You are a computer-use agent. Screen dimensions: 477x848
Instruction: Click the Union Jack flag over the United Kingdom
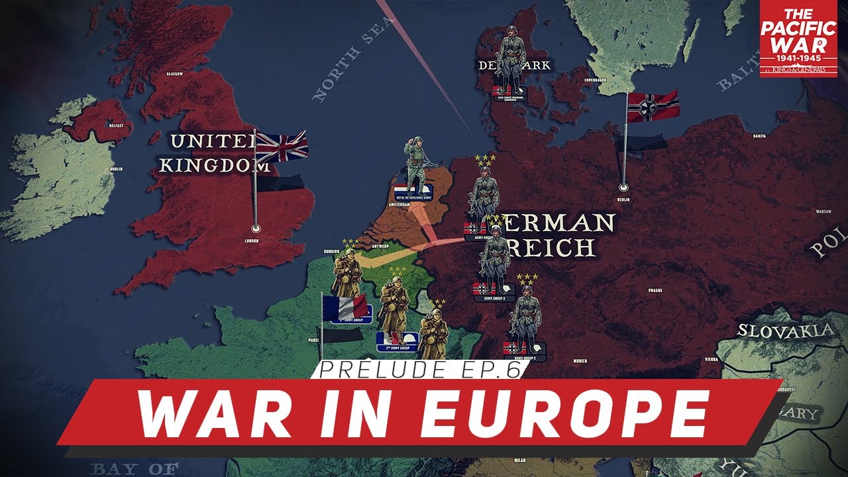[x=282, y=146]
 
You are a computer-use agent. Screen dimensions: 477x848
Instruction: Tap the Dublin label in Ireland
[x=117, y=168]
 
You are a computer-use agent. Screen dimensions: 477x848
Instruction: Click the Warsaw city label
[x=823, y=212]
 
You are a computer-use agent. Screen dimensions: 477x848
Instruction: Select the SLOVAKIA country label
[x=785, y=330]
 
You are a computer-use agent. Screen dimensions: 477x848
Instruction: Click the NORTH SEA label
[x=344, y=66]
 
